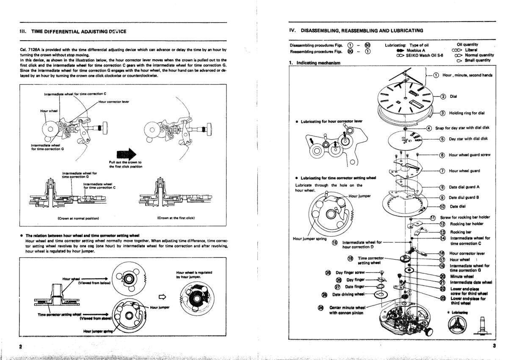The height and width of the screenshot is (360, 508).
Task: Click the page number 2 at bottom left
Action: tap(20, 346)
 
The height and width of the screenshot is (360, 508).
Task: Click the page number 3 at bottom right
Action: tap(494, 346)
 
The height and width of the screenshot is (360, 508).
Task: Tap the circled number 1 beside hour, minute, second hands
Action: tap(436, 75)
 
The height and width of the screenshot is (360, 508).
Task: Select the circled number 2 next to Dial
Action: tap(443, 96)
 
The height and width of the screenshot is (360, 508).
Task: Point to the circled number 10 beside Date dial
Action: tap(443, 206)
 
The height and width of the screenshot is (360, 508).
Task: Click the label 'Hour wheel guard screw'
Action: tap(469, 155)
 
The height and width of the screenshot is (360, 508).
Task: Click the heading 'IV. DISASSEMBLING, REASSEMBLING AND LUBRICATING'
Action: tap(356, 30)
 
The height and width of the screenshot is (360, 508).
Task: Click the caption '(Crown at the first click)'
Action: tap(176, 218)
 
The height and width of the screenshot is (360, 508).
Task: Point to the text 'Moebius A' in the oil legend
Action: tap(416, 50)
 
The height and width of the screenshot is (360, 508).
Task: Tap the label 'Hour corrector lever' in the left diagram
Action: tap(114, 102)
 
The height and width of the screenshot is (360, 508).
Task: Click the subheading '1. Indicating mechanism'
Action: tap(315, 63)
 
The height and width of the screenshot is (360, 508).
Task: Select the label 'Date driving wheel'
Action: tap(348, 294)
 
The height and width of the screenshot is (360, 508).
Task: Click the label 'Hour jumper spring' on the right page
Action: tap(309, 239)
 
